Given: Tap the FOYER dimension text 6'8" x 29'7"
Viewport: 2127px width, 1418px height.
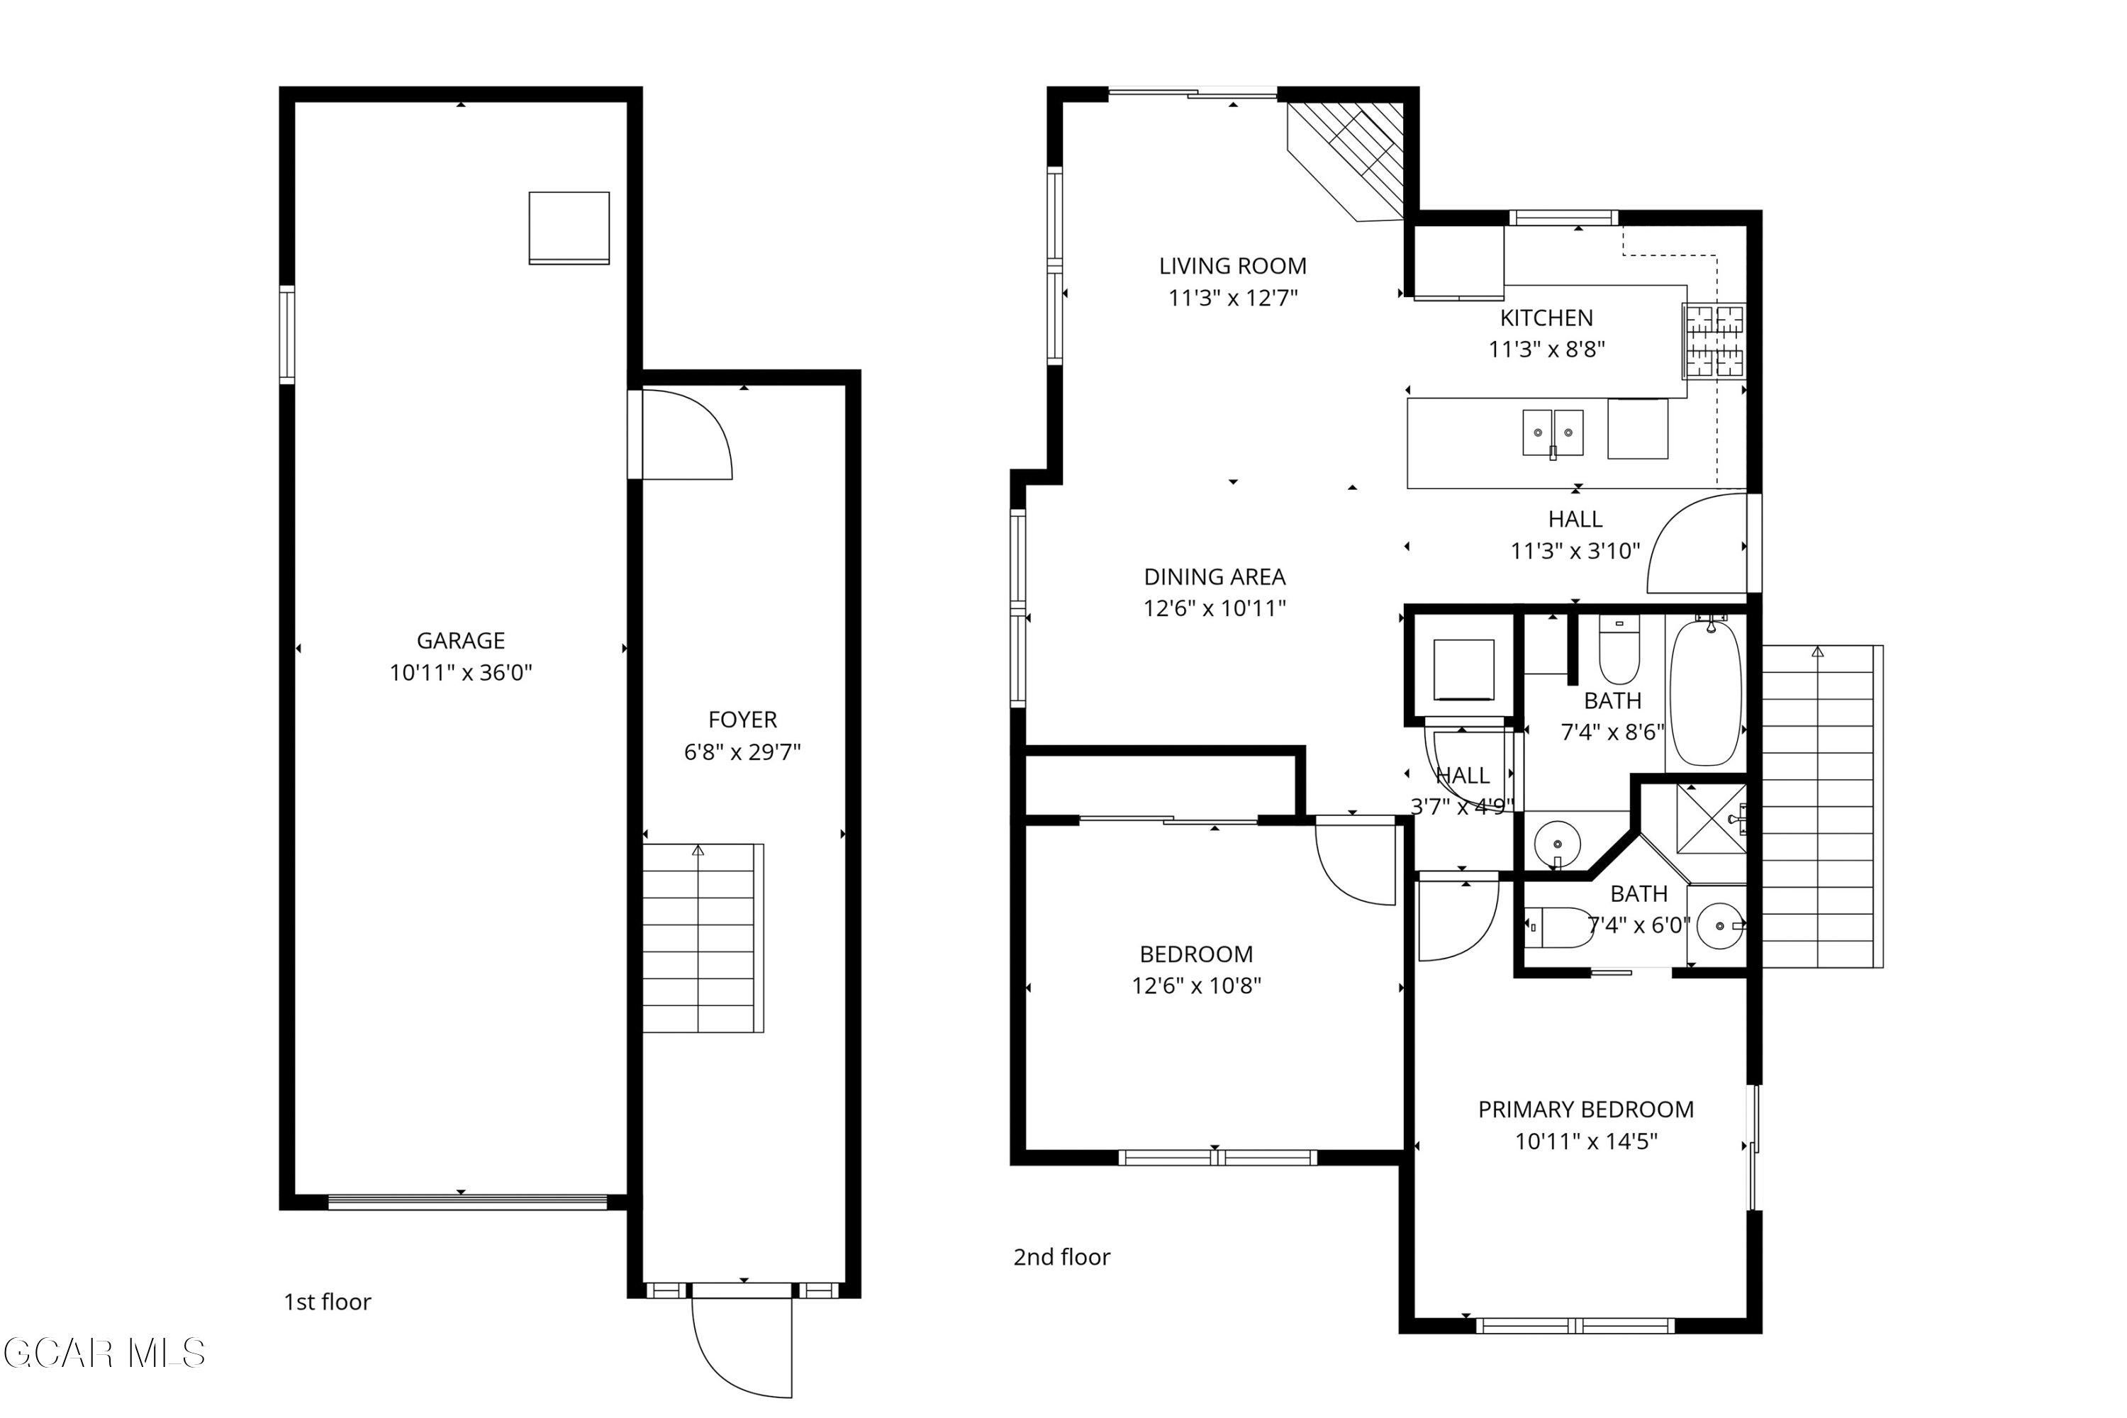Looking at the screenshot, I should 742,752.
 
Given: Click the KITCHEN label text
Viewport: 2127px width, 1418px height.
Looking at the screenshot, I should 1546,318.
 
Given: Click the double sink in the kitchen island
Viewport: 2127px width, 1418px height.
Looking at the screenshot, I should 1552,433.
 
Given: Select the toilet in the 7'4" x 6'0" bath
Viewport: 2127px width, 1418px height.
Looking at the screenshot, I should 1560,927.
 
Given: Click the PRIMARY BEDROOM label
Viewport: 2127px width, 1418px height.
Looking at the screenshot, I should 1585,1110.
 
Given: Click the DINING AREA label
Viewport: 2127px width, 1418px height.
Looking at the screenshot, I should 1214,577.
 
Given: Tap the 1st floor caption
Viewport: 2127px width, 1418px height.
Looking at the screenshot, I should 328,1302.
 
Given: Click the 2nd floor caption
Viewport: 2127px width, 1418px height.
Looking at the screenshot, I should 1061,1257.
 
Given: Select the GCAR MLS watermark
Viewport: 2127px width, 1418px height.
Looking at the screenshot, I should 104,1353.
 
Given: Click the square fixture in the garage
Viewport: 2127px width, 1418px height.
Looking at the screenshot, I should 569,228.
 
